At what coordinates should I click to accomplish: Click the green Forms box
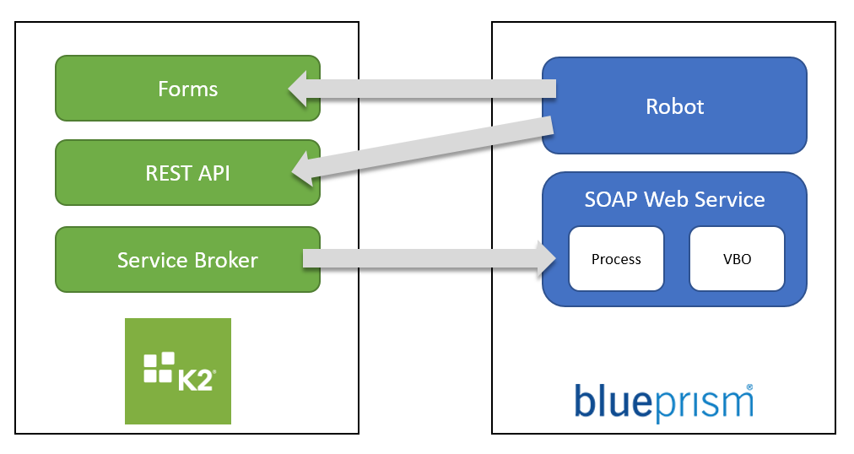[187, 89]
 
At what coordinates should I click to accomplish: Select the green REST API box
[187, 173]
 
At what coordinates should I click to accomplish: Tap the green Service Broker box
[187, 260]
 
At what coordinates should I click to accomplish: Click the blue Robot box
[674, 106]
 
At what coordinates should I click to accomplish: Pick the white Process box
[616, 259]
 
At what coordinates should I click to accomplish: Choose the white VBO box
[738, 259]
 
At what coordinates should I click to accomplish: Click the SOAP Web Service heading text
[674, 200]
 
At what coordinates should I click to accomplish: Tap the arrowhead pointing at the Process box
[547, 258]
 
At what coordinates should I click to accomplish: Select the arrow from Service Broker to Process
[422, 258]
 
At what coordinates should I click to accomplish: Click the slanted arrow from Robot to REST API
[430, 149]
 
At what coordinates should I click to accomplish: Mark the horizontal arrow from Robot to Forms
[430, 89]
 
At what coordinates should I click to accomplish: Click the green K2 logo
[178, 371]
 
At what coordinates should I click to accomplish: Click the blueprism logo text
[662, 403]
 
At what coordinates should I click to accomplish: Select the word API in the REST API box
[210, 173]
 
